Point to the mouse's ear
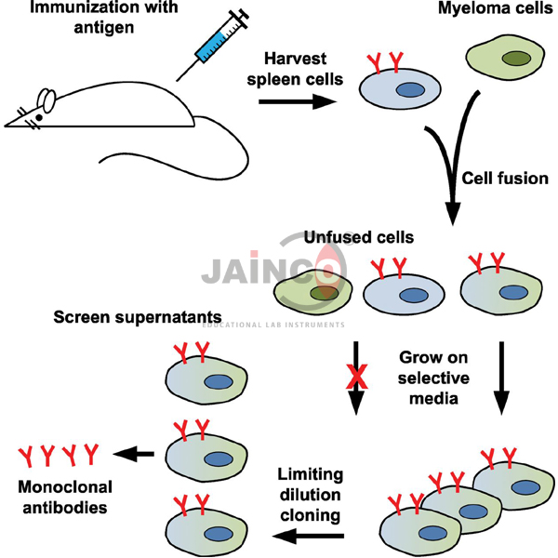point(46,99)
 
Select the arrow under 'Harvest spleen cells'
point(297,100)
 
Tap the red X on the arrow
point(354,378)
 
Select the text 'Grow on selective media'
point(433,378)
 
